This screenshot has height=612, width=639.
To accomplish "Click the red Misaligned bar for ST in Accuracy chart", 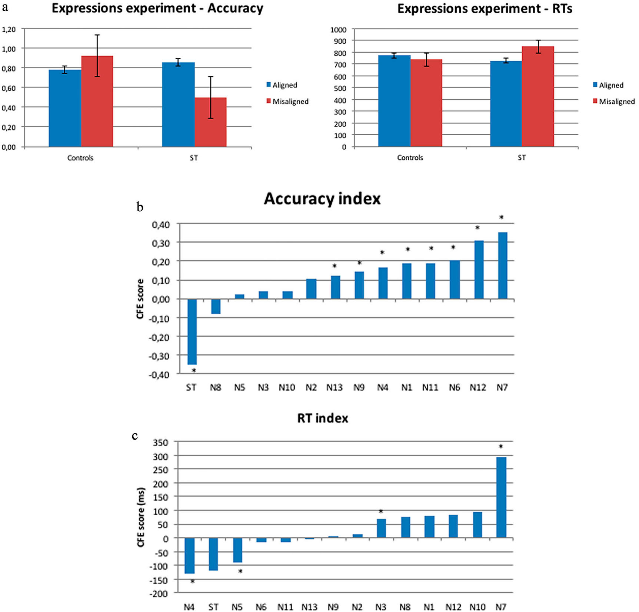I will pos(210,122).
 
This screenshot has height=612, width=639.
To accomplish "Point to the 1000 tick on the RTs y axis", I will pos(338,30).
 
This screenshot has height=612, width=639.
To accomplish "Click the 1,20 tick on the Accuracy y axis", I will pos(9,29).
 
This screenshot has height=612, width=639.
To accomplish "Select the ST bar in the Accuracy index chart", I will pos(192,331).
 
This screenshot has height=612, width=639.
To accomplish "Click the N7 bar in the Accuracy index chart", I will pos(502,265).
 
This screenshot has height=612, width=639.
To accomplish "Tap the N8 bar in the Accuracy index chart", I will pos(216,306).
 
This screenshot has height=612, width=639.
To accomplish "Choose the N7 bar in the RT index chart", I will pos(501,497).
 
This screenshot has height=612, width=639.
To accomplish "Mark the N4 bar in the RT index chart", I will pos(189,555).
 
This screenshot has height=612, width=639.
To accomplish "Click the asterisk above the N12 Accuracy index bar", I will pos(477,228).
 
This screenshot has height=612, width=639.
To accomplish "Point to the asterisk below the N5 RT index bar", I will pos(240,571).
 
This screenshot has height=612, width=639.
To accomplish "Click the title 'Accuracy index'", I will pos(322,199).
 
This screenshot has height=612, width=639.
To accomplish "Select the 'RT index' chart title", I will pos(323,418).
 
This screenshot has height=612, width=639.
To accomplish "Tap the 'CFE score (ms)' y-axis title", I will pos(141,517).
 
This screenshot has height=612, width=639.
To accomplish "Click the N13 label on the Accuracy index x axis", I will pos(334,387).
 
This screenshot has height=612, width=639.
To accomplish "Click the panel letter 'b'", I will pos(140,207).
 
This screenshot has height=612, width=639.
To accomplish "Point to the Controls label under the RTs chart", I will pos(410,158).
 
